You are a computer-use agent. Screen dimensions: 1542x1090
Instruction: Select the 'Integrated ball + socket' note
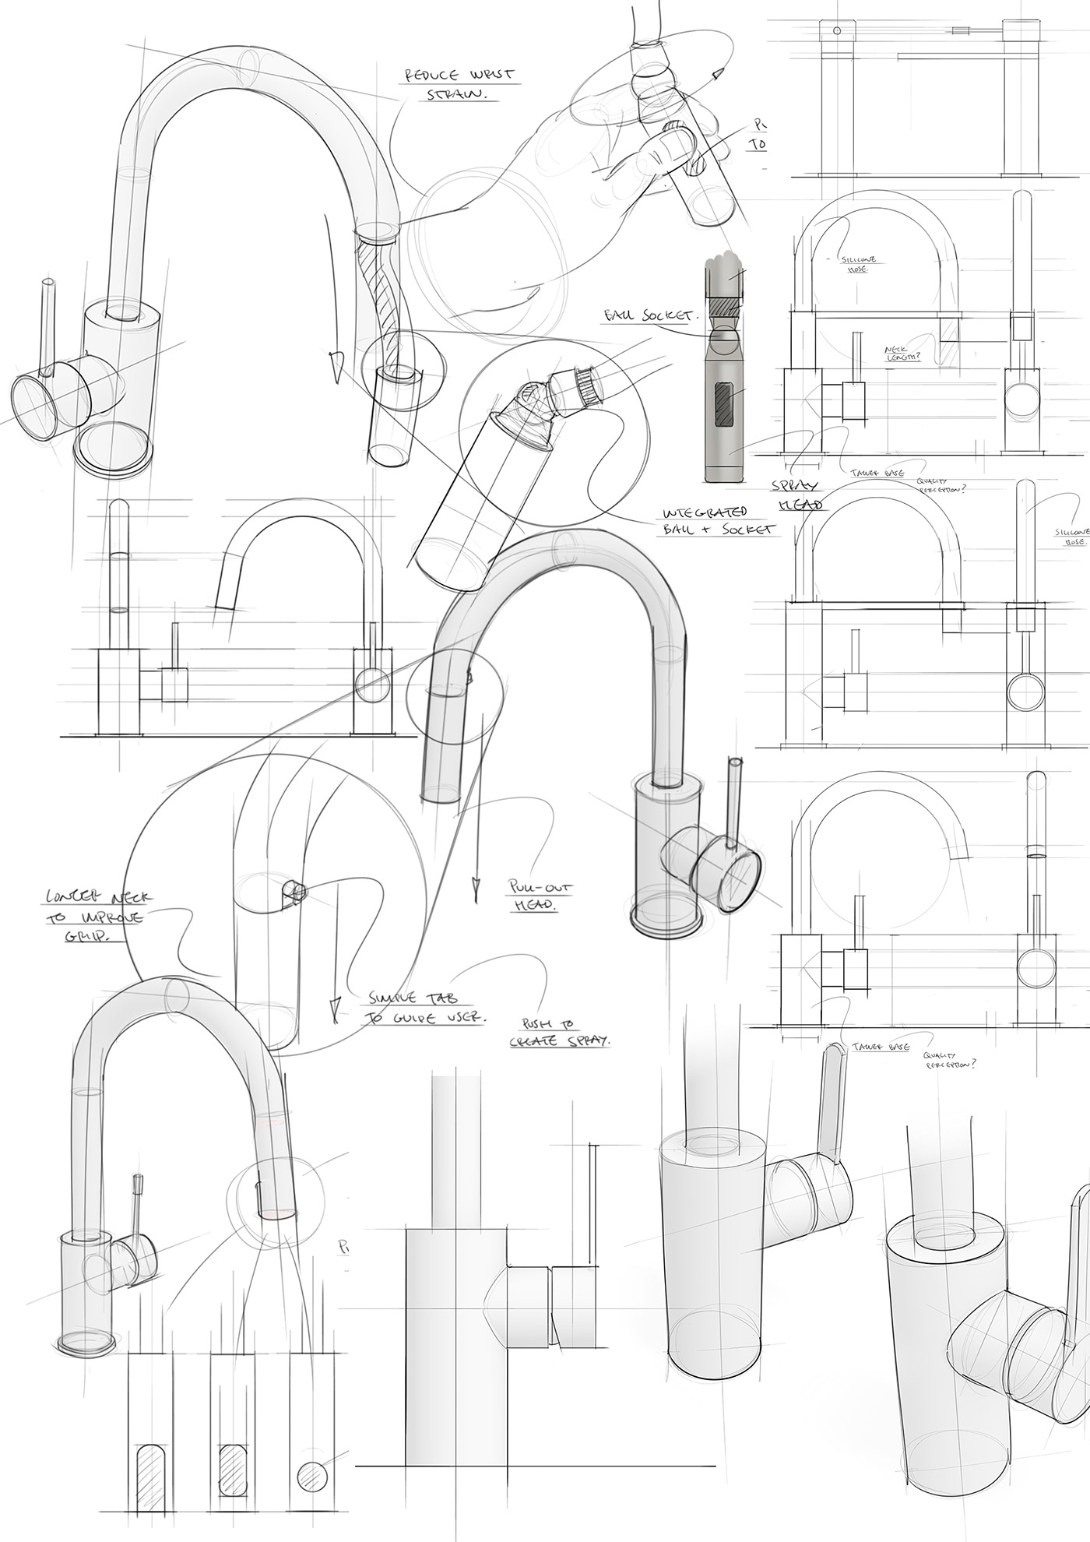tap(716, 520)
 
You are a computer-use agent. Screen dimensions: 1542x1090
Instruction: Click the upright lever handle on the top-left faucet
tap(50, 327)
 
